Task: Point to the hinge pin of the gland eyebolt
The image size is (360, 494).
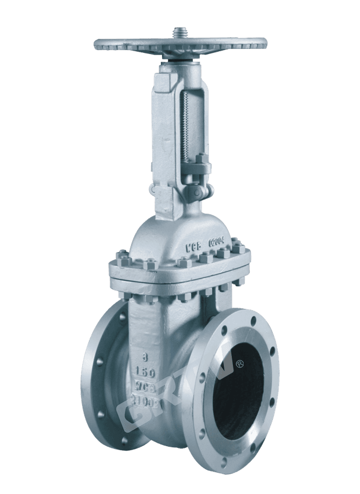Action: [195, 193]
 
